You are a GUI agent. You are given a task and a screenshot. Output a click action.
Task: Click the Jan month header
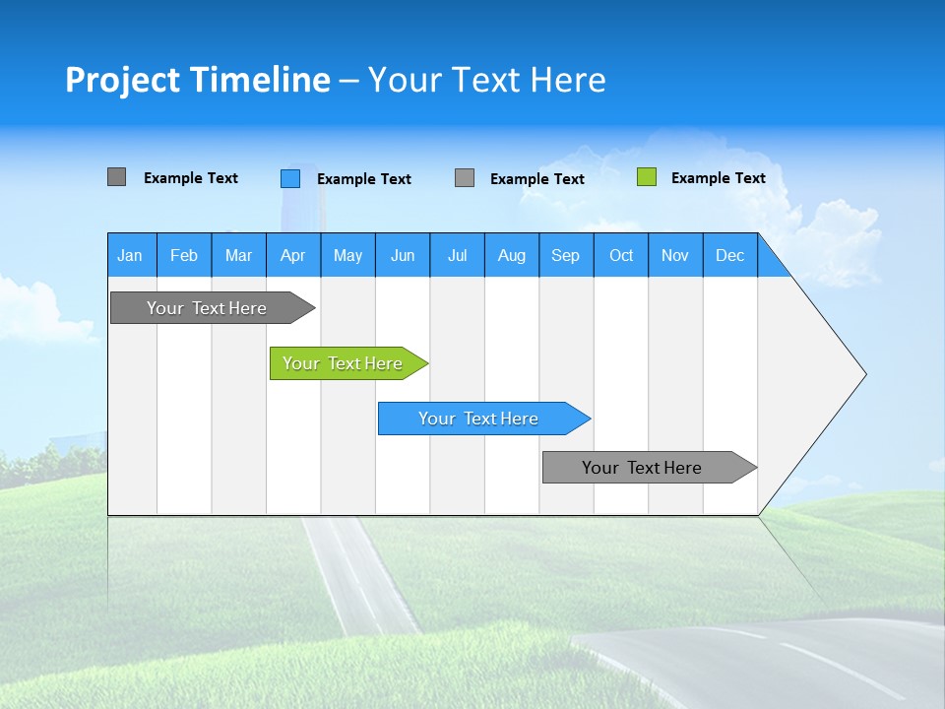click(x=131, y=255)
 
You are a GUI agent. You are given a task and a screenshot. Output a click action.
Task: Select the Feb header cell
click(x=184, y=255)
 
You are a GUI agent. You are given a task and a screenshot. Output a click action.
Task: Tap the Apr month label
click(x=293, y=255)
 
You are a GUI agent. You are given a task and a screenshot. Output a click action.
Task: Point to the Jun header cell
click(x=403, y=255)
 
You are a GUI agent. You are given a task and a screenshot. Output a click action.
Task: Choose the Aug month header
click(x=512, y=255)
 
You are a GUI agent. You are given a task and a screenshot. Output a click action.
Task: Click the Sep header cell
click(x=566, y=255)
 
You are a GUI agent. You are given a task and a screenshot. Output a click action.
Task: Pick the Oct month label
click(x=621, y=255)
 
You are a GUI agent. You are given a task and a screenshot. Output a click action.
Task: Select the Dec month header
click(x=730, y=255)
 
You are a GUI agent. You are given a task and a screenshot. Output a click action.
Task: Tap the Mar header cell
click(x=238, y=255)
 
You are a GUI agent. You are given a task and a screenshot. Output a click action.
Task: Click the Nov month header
click(x=675, y=255)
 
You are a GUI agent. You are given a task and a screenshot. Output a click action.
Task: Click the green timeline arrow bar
click(x=345, y=363)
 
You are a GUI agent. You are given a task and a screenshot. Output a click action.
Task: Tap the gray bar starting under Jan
click(x=208, y=308)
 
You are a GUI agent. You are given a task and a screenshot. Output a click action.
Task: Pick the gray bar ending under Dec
click(x=645, y=468)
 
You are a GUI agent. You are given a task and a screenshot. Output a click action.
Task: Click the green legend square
click(x=647, y=177)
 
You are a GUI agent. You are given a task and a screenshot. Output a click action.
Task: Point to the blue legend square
click(x=290, y=178)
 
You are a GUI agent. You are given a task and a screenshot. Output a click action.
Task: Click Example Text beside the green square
click(x=718, y=178)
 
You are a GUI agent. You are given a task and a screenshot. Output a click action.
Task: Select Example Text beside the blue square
click(x=363, y=179)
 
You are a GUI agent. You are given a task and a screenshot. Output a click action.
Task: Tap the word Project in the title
click(x=123, y=80)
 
